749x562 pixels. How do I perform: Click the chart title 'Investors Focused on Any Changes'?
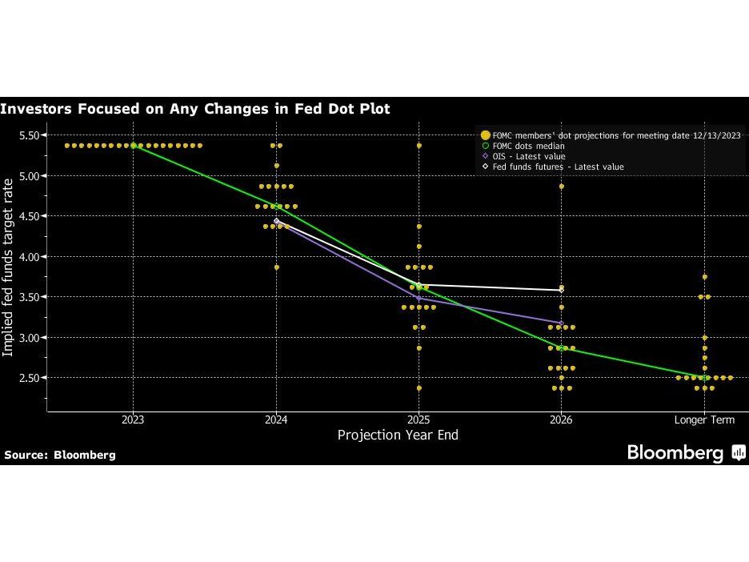[x=195, y=108]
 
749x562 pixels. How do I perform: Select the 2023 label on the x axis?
[x=133, y=419]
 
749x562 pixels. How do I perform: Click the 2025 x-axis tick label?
[x=419, y=419]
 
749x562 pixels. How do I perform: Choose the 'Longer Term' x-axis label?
[x=704, y=419]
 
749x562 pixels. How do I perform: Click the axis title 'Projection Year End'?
[x=398, y=436]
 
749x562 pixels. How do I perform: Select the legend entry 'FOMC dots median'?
[x=528, y=147]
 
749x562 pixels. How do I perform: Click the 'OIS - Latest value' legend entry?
[x=529, y=157]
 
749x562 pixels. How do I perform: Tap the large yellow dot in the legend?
[x=485, y=136]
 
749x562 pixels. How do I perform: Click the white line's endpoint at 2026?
[x=562, y=290]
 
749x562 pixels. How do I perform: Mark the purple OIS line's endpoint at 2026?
[x=562, y=323]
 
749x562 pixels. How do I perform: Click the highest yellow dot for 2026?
[x=562, y=187]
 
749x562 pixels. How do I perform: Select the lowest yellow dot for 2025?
[x=419, y=388]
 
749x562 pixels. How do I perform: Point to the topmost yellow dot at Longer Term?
[x=704, y=277]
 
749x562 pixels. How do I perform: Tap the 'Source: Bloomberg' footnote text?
[x=60, y=455]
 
